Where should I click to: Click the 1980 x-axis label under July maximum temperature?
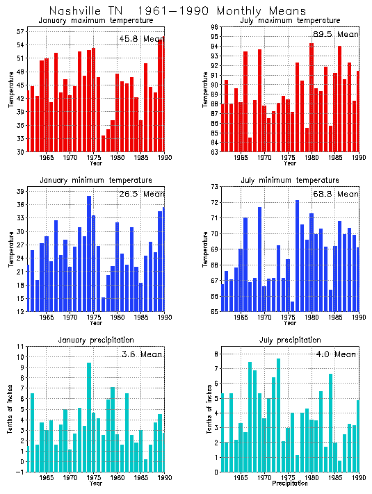tap(311, 158)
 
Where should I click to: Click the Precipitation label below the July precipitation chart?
tap(286, 484)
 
